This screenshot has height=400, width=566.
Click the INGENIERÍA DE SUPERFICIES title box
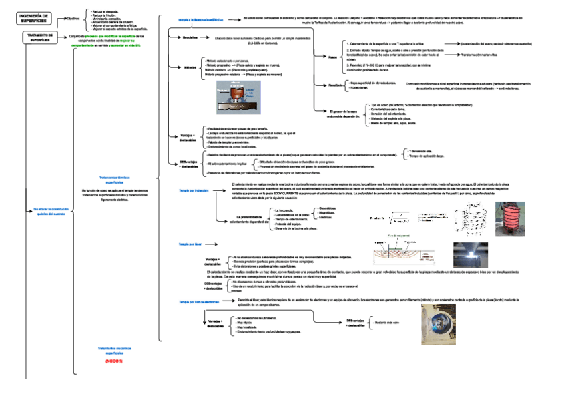point(33,17)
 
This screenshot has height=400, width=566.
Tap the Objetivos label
point(72,19)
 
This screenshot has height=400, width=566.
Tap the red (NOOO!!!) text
point(114,361)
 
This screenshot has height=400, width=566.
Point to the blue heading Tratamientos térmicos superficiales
point(115,179)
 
